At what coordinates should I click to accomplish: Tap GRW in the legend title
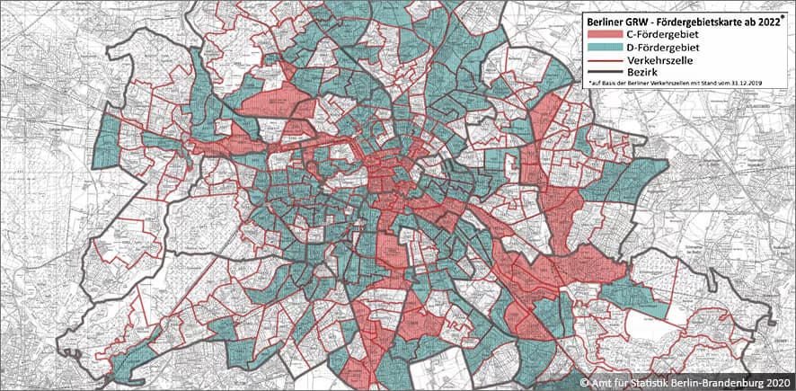click(641, 19)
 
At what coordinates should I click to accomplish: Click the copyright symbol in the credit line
click(584, 381)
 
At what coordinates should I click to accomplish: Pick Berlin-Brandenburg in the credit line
click(720, 381)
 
